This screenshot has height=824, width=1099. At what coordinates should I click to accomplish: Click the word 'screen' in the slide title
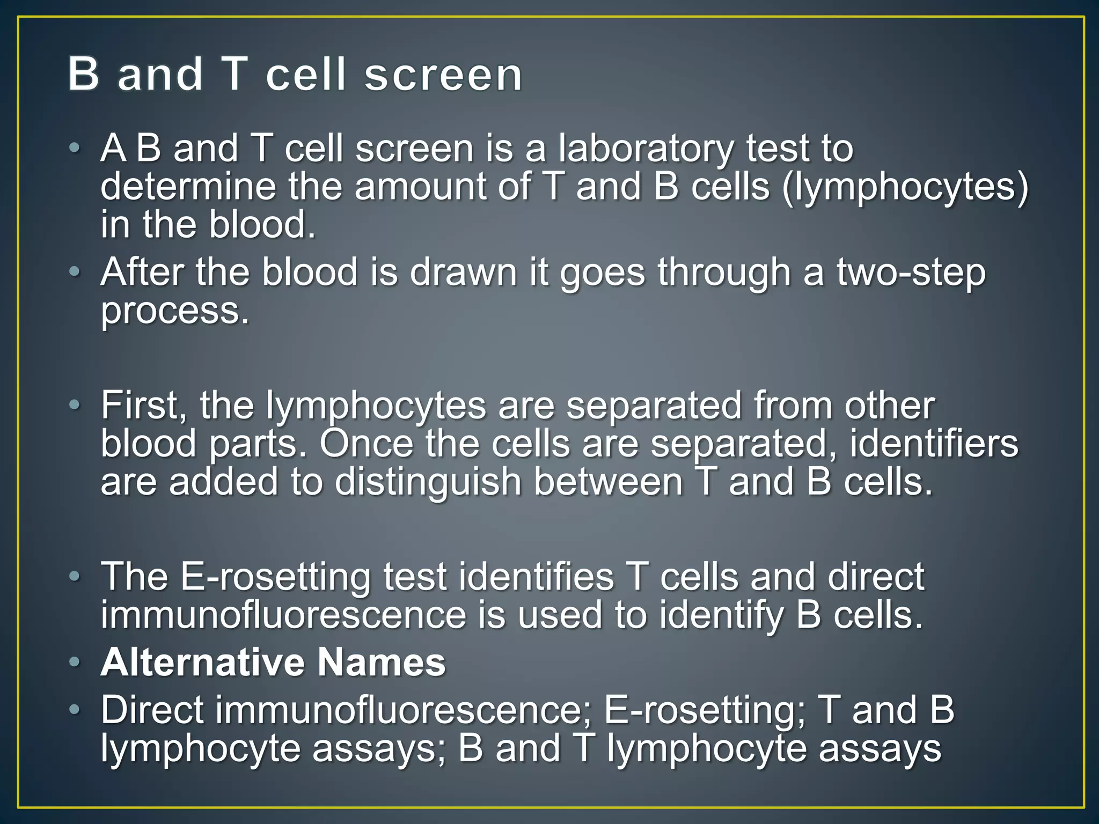443,75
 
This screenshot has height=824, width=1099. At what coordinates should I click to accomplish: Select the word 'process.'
175,312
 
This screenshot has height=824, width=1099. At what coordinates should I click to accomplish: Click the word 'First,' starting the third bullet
144,406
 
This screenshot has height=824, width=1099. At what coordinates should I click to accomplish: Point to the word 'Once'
367,444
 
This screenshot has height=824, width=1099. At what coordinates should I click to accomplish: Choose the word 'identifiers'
934,444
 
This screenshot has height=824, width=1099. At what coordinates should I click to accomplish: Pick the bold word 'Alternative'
203,662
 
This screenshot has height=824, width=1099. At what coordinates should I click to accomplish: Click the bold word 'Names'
381,662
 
